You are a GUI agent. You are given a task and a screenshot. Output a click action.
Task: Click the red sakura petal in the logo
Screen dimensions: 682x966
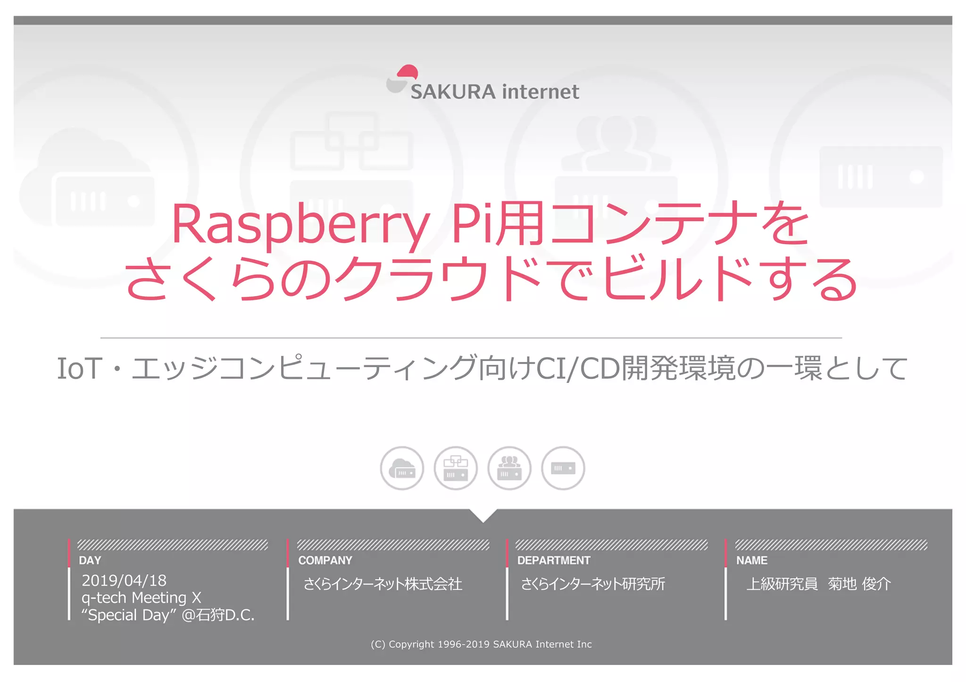click(408, 72)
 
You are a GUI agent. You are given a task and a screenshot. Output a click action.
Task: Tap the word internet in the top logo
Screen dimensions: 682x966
click(541, 92)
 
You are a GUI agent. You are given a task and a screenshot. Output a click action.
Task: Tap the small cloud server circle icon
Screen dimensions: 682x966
click(402, 468)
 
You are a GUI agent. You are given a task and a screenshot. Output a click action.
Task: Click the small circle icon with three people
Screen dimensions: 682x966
click(509, 468)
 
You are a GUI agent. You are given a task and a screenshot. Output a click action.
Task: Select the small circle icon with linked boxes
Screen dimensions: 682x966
click(456, 468)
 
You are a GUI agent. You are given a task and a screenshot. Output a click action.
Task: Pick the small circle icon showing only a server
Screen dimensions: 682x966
click(563, 468)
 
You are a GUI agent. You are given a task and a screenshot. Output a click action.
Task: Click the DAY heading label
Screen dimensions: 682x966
click(90, 560)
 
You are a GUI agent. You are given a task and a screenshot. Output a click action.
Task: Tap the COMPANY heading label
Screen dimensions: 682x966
click(325, 560)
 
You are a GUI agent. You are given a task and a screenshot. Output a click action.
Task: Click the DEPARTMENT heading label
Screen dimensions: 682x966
click(554, 560)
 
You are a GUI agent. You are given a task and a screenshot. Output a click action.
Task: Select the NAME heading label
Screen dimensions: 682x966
click(752, 560)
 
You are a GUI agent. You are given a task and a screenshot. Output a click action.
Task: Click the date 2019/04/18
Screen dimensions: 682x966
click(124, 581)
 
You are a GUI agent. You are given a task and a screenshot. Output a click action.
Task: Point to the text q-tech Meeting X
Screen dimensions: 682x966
click(142, 598)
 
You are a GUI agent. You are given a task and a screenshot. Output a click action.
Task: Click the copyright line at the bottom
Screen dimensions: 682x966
click(481, 644)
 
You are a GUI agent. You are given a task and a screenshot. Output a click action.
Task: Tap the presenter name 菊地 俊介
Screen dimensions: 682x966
click(859, 584)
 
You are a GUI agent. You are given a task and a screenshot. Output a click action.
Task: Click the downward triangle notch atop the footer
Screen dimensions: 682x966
click(483, 515)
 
